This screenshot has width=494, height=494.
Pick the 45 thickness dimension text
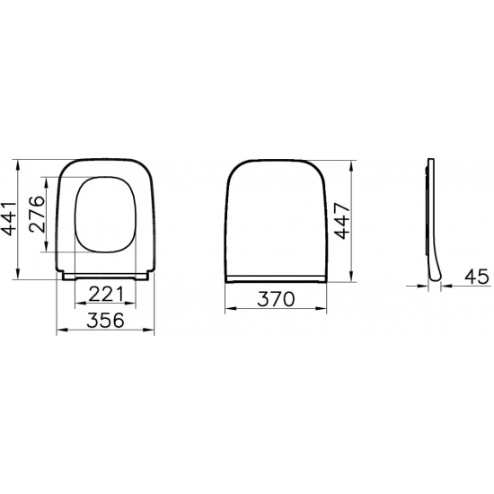(x=478, y=278)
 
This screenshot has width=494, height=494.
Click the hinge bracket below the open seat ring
(x=105, y=277)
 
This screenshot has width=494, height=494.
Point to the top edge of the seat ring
(x=105, y=163)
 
